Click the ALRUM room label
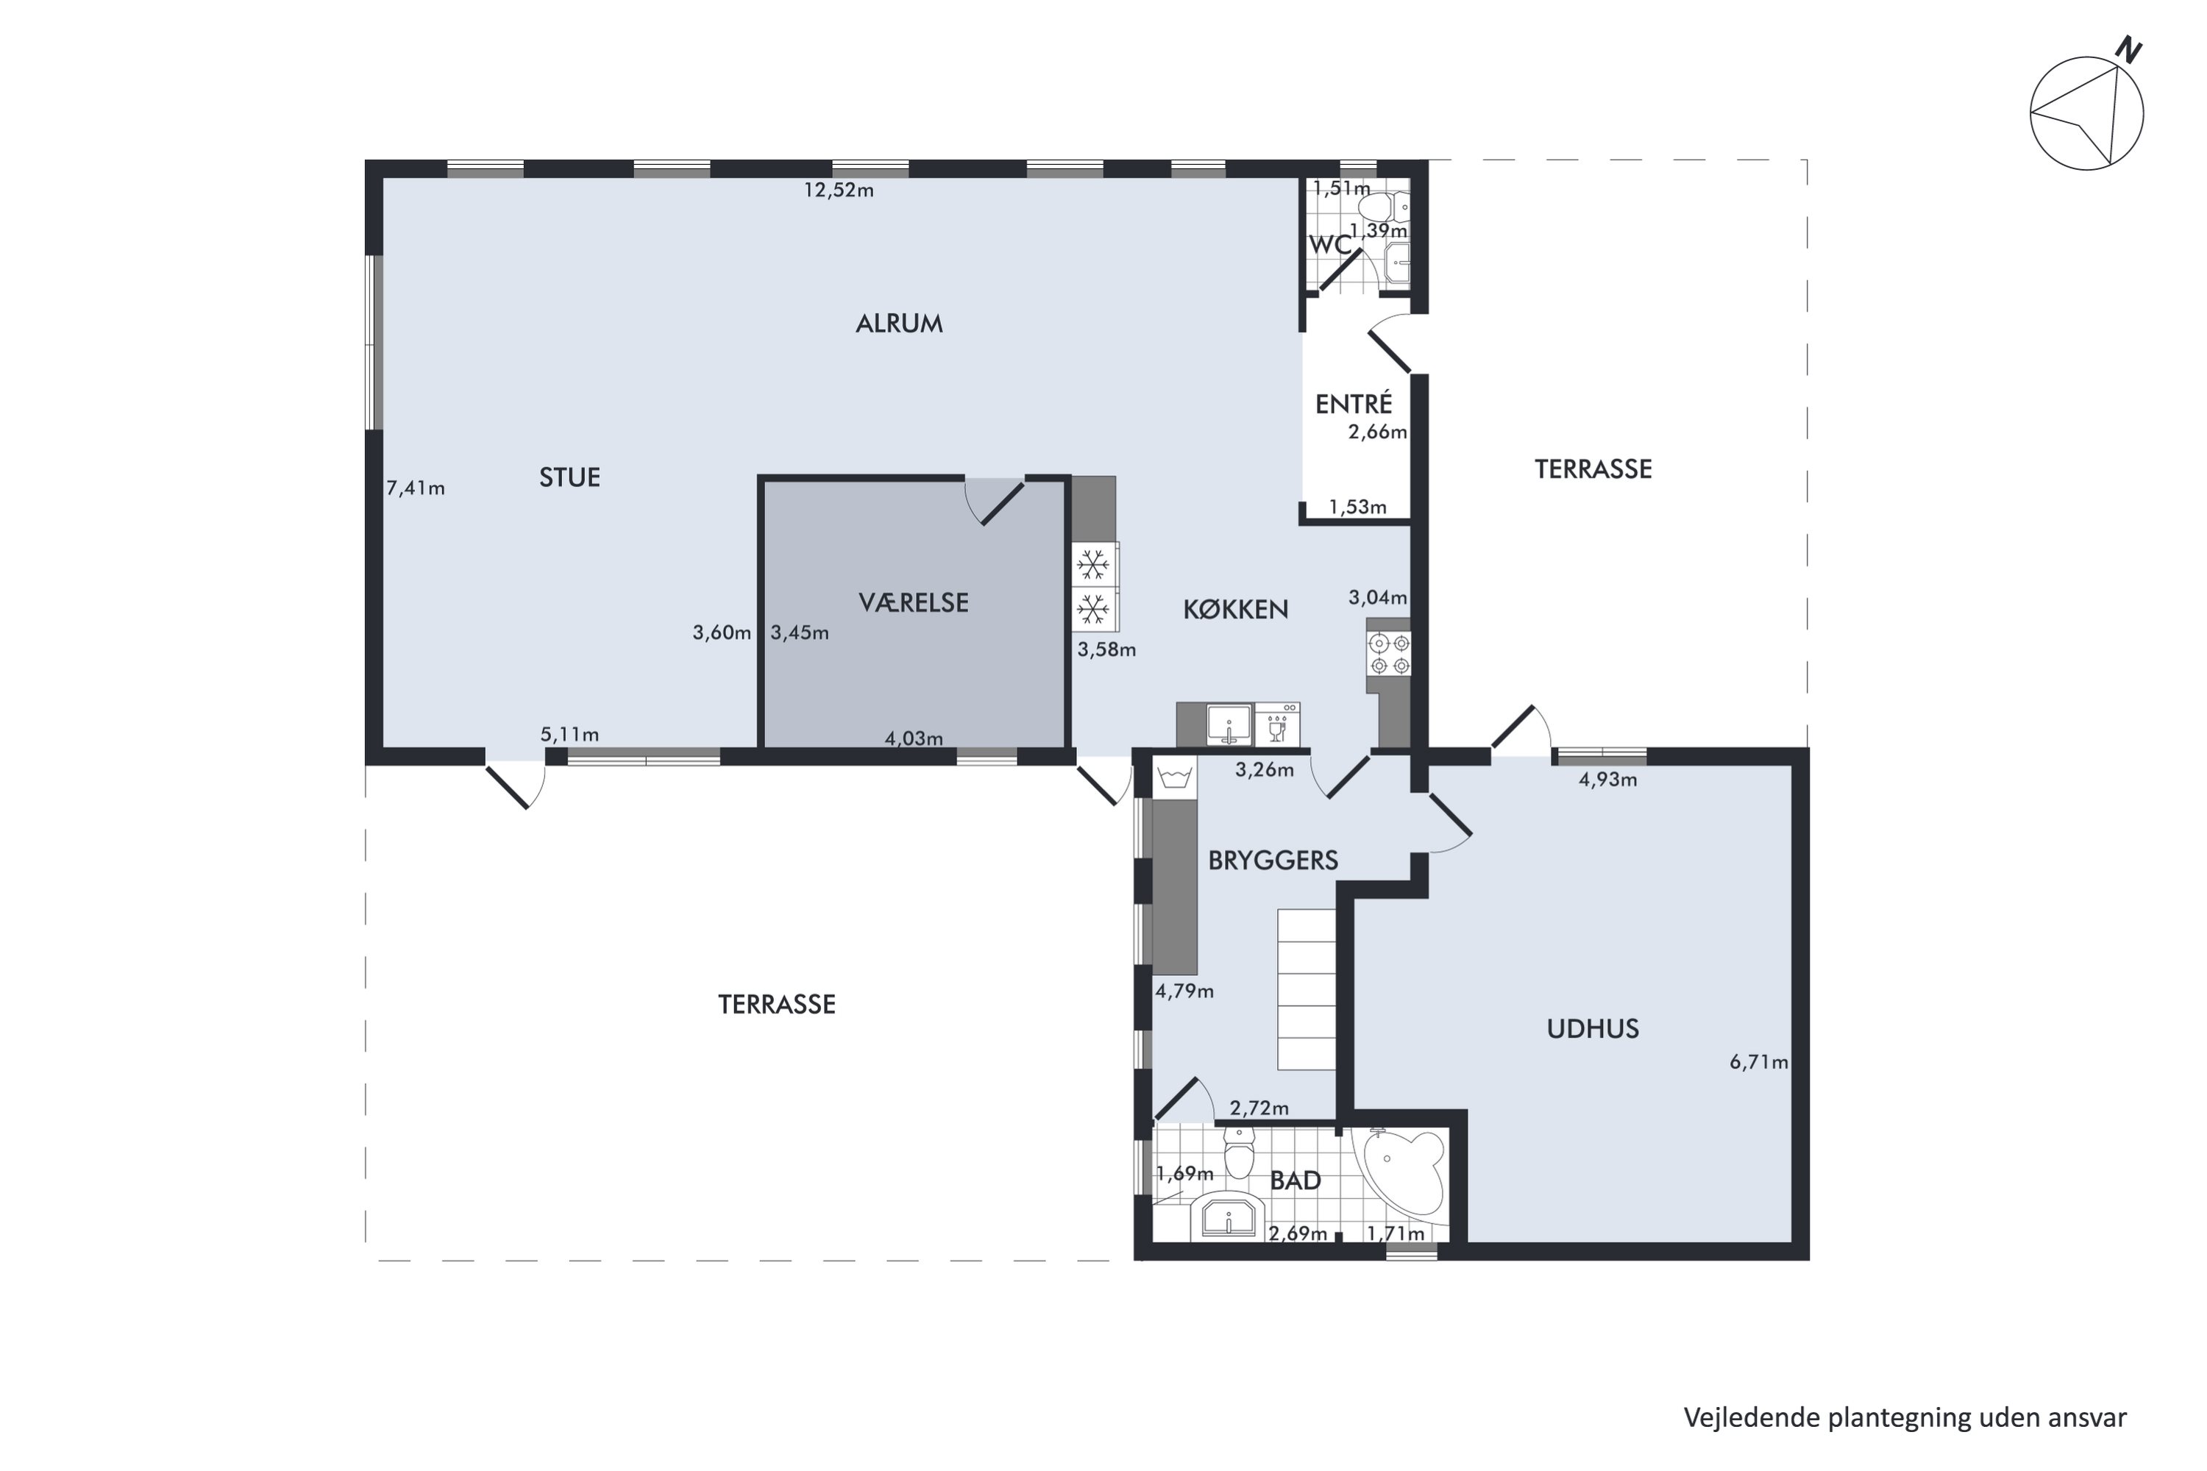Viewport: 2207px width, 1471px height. pyautogui.click(x=898, y=324)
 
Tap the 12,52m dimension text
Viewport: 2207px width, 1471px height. pyautogui.click(x=838, y=190)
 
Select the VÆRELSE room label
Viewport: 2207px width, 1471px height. pyautogui.click(x=913, y=602)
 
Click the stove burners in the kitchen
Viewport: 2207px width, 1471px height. pyautogui.click(x=1389, y=654)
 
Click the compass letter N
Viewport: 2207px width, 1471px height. pyautogui.click(x=2128, y=51)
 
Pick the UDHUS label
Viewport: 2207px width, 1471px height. pyautogui.click(x=1593, y=1029)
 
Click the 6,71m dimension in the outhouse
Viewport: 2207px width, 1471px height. pyautogui.click(x=1758, y=1062)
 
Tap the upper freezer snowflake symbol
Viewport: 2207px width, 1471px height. pyautogui.click(x=1092, y=565)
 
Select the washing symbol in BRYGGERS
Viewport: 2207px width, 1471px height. pyautogui.click(x=1175, y=777)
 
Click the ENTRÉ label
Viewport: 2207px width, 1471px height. pyautogui.click(x=1353, y=405)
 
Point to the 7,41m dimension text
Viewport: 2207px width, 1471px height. pyautogui.click(x=415, y=488)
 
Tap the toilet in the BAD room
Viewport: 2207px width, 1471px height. pyautogui.click(x=1239, y=1153)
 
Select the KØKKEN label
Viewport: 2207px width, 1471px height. pyautogui.click(x=1235, y=610)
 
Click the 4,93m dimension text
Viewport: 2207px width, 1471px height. pyautogui.click(x=1607, y=780)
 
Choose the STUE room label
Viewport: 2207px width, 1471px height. pyautogui.click(x=569, y=477)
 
